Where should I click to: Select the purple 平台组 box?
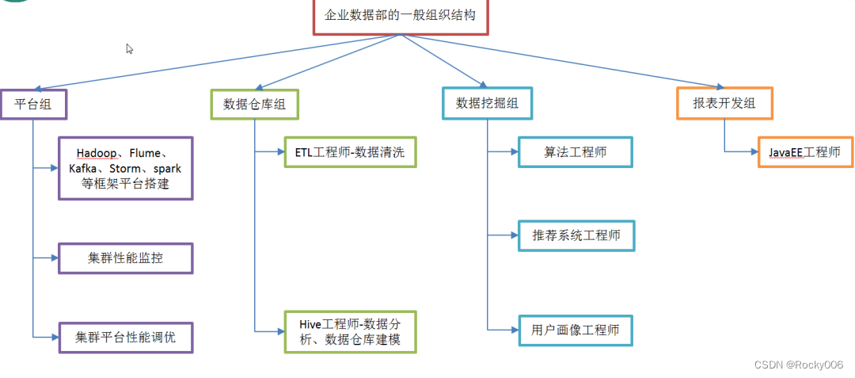[x=33, y=104]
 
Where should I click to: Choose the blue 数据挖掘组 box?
[x=487, y=103]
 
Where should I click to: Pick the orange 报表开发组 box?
[x=724, y=103]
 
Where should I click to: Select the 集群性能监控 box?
[x=125, y=258]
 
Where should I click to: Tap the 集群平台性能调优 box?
[x=125, y=337]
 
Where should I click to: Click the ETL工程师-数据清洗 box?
[x=349, y=151]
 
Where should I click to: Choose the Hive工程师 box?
[x=349, y=332]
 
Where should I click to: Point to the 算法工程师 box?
[x=575, y=151]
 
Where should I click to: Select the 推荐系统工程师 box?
[x=575, y=235]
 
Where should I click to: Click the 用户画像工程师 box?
[x=575, y=330]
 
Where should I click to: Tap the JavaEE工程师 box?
[x=804, y=151]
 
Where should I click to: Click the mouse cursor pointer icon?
[x=130, y=49]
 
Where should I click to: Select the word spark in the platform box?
[x=168, y=168]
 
